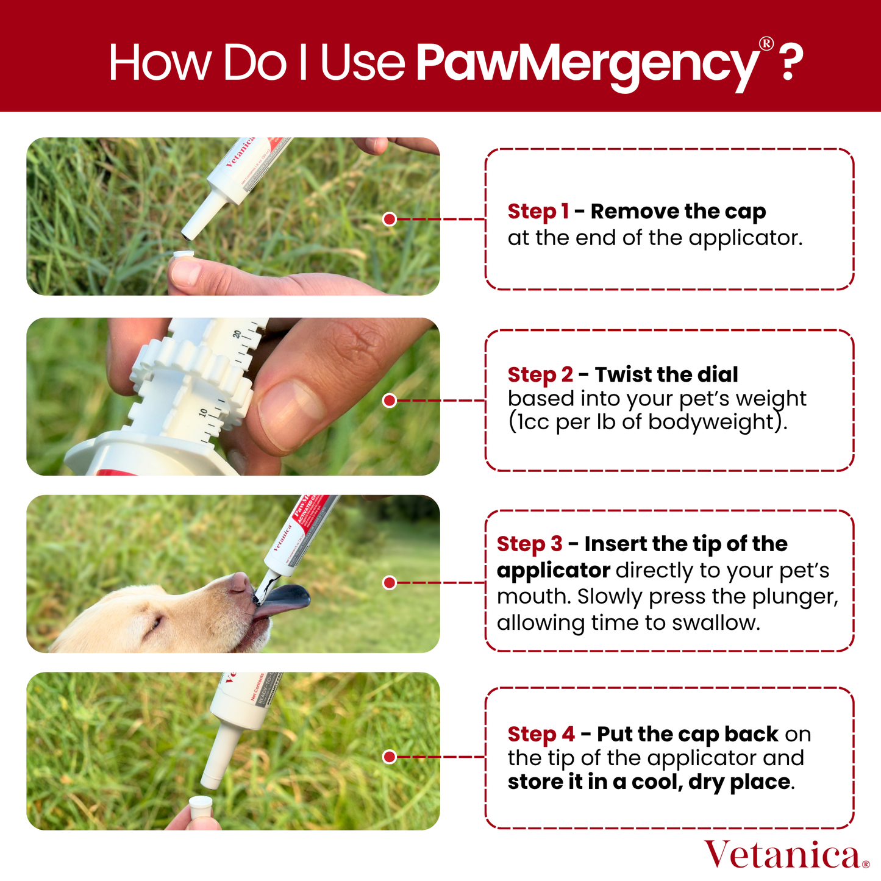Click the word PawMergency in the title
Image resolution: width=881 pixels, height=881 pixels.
click(x=587, y=63)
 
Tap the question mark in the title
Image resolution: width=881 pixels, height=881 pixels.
click(x=790, y=62)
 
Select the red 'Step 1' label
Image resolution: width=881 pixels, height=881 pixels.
click(x=538, y=212)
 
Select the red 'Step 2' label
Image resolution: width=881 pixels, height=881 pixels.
click(x=540, y=374)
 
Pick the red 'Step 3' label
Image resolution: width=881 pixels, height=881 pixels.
click(x=529, y=544)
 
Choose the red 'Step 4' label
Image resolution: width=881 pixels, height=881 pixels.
click(x=541, y=734)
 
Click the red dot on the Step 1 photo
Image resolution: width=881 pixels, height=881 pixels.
click(x=390, y=219)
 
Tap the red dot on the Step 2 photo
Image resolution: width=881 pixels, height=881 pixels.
click(x=390, y=401)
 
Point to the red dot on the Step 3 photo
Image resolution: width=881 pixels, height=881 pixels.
click(x=390, y=583)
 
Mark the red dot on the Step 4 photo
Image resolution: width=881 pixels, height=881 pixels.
click(x=390, y=757)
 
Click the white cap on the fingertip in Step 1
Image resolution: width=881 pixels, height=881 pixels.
click(x=184, y=254)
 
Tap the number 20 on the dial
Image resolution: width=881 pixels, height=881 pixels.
click(x=237, y=334)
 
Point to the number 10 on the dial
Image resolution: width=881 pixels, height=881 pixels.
click(x=203, y=413)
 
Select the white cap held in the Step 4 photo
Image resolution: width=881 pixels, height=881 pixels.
click(x=201, y=807)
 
